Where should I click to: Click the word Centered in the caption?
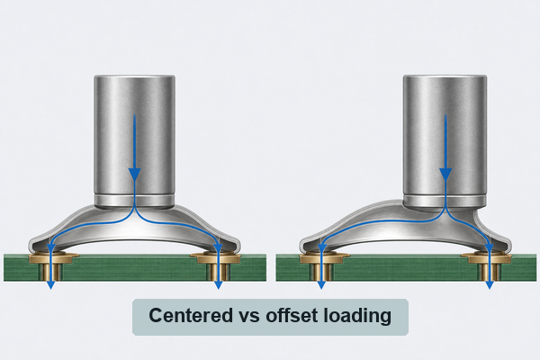tap(191, 316)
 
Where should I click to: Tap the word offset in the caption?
tap(292, 316)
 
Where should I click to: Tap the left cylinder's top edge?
tap(135, 76)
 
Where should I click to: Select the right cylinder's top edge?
tap(445, 76)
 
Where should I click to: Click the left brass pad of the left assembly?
tap(52, 257)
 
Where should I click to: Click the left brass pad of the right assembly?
tap(324, 257)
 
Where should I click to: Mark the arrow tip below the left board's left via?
tap(50, 289)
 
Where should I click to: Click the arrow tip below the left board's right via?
tap(218, 289)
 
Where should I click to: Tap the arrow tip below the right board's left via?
tap(321, 289)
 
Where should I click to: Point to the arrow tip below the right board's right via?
tap(490, 289)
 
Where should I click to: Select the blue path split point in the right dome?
tap(445, 210)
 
